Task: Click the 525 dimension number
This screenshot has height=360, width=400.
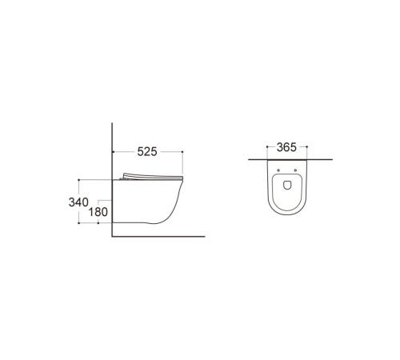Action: point(147,152)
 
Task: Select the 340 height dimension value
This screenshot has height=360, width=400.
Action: point(78,202)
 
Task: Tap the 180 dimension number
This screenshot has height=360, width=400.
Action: point(98,212)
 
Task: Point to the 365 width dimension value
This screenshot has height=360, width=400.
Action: point(286,147)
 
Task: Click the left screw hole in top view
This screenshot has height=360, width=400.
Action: point(278,170)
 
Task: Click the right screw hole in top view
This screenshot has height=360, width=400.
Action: point(295,170)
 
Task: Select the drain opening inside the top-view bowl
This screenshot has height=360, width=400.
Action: point(287,185)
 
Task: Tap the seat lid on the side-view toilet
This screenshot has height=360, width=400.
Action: point(153,177)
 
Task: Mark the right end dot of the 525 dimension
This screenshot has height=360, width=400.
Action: point(182,152)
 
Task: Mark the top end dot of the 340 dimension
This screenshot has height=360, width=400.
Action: point(78,180)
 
